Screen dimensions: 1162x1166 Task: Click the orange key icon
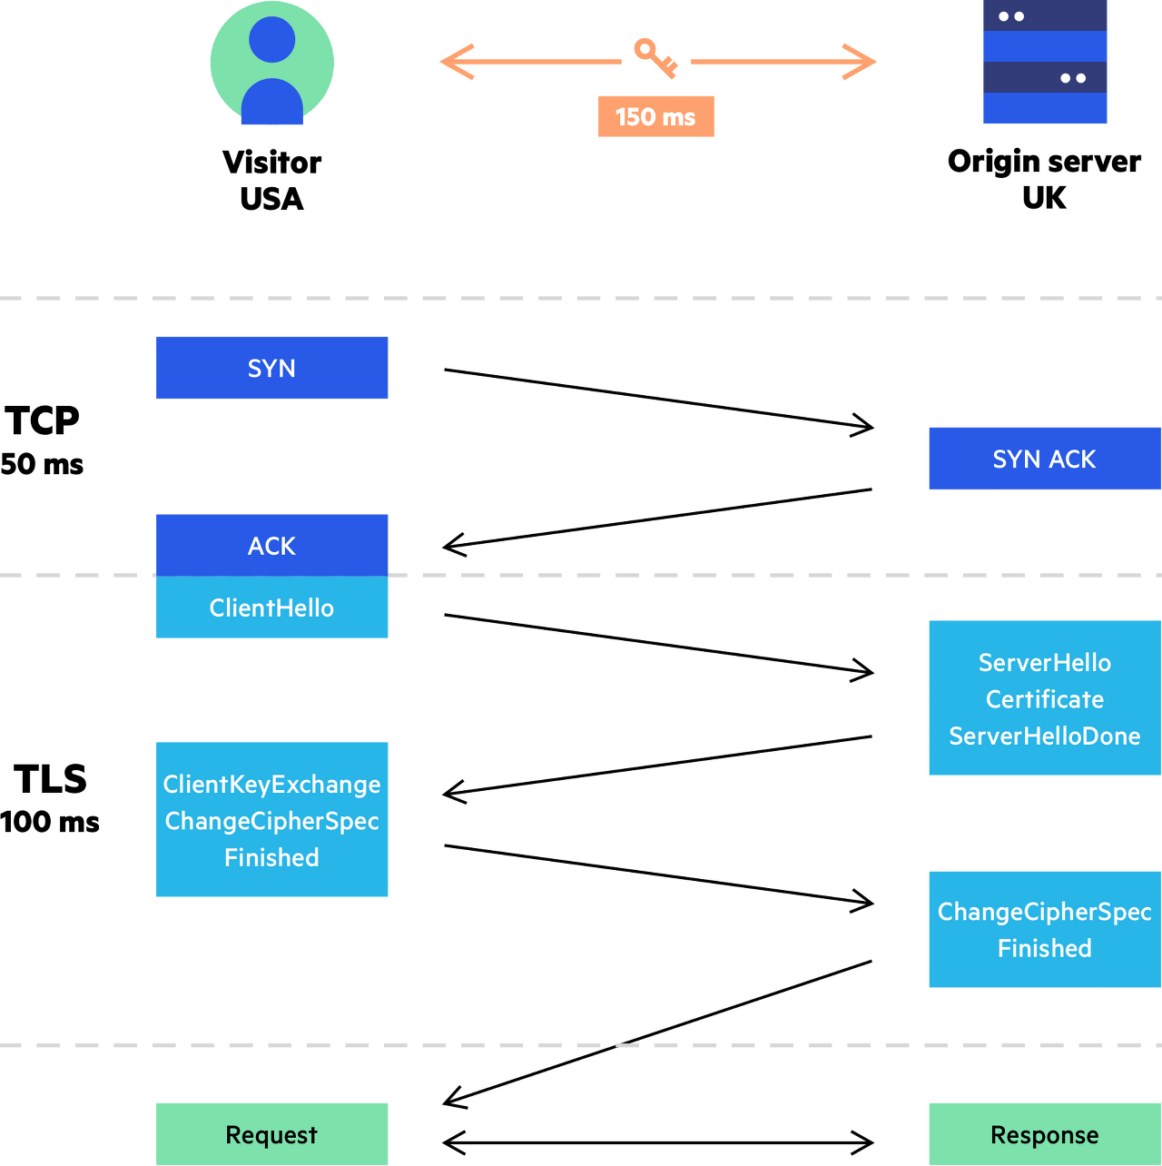[655, 58]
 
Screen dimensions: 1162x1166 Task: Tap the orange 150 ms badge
[655, 116]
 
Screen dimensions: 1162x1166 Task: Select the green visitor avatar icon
[271, 63]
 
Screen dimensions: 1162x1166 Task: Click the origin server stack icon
[1045, 62]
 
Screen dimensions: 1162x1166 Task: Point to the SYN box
[271, 367]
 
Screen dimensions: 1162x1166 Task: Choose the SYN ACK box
[1045, 458]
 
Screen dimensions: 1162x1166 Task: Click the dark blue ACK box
[271, 545]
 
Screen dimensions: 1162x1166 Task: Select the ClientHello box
[271, 607]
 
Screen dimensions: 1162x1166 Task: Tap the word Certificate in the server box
[1045, 699]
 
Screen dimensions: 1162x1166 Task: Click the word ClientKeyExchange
[271, 785]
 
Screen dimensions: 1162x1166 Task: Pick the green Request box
[271, 1134]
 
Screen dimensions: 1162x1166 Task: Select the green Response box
[1045, 1134]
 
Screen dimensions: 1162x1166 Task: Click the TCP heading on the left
[42, 420]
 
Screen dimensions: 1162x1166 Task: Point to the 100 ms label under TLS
[50, 822]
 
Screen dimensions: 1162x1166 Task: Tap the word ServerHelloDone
[1045, 736]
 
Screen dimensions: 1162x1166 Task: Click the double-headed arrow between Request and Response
[658, 1142]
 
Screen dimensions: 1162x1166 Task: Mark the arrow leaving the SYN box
[659, 398]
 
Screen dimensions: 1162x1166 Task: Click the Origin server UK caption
[1044, 180]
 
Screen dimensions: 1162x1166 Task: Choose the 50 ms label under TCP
[42, 464]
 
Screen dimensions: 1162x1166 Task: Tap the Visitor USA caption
[271, 181]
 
